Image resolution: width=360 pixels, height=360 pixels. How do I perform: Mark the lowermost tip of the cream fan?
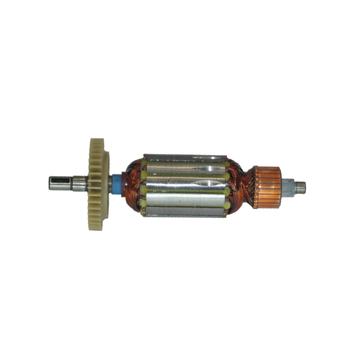(97, 223)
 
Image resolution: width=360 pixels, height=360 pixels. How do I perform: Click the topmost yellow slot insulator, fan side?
(144, 161)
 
